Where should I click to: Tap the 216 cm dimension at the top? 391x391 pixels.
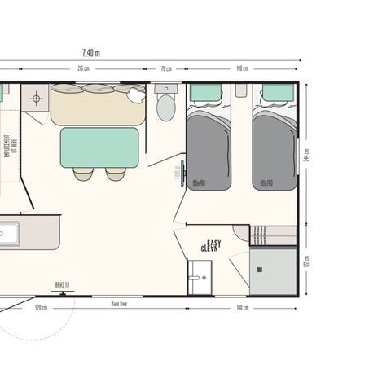click(x=83, y=68)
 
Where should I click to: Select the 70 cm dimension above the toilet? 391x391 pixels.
click(x=166, y=68)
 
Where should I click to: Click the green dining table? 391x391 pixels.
click(x=99, y=147)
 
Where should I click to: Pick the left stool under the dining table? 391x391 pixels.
click(x=83, y=174)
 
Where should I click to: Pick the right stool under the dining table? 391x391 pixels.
click(x=116, y=174)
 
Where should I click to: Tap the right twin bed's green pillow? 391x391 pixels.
click(x=277, y=93)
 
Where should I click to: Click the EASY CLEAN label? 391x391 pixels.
click(x=213, y=246)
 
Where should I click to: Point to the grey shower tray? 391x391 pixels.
click(x=274, y=271)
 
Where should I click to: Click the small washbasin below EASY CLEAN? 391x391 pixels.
click(x=199, y=277)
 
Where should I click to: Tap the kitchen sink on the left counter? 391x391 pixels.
click(x=8, y=234)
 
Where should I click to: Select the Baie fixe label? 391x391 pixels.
click(x=119, y=302)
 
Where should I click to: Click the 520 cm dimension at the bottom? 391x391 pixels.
click(x=41, y=308)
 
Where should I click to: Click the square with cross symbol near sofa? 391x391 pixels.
click(x=35, y=100)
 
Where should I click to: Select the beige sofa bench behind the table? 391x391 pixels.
click(x=98, y=106)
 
